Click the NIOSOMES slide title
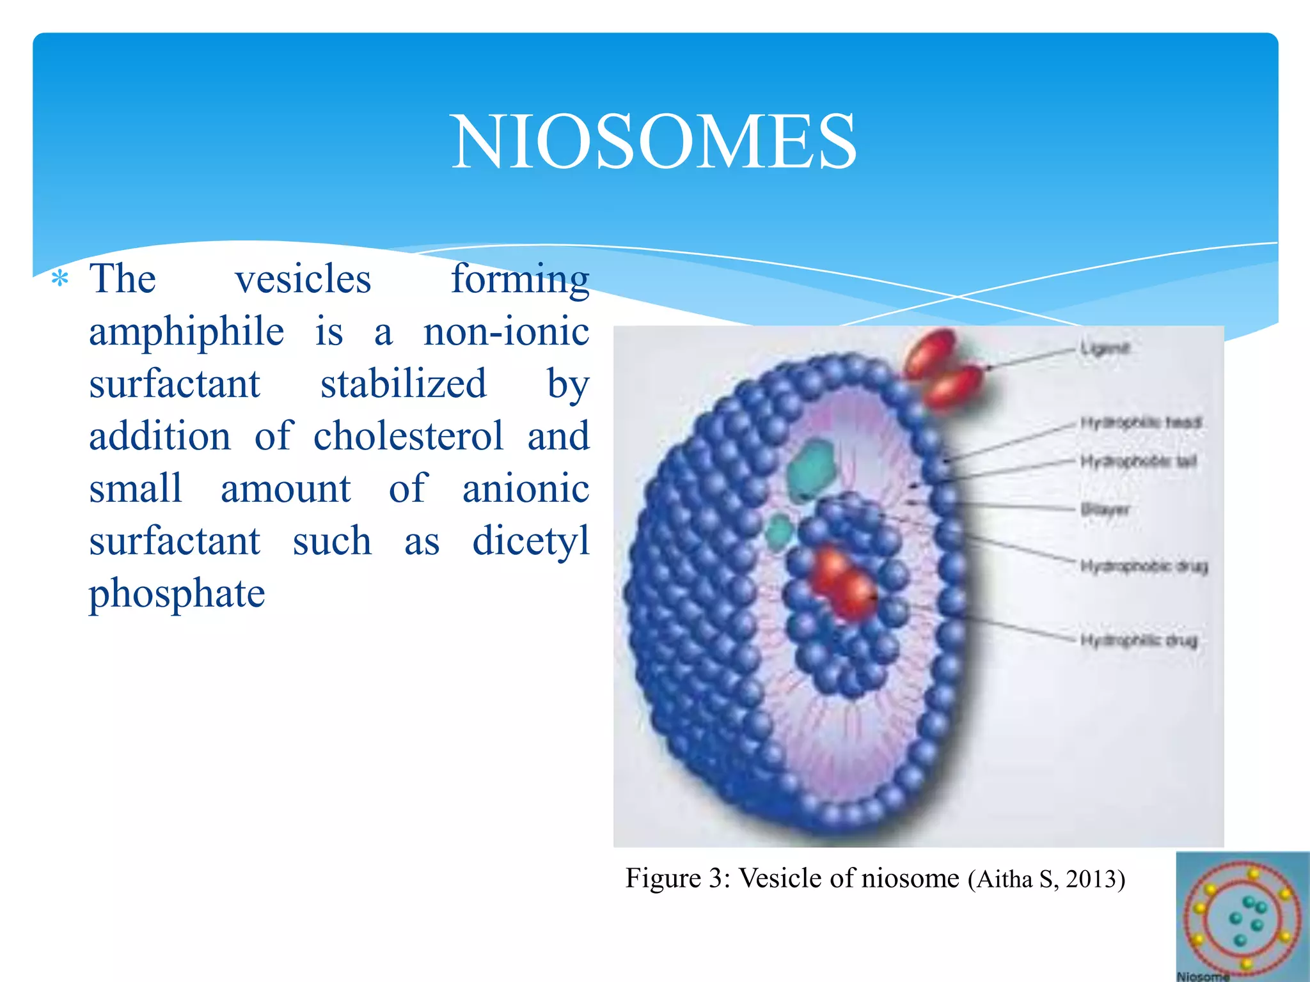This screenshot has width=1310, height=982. [654, 141]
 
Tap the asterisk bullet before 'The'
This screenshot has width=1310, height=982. [59, 279]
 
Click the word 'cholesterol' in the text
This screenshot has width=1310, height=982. [408, 437]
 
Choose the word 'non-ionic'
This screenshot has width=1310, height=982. [506, 332]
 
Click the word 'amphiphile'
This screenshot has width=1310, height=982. [186, 332]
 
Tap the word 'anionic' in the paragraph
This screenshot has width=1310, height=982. [525, 489]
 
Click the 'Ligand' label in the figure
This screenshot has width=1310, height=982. [1105, 348]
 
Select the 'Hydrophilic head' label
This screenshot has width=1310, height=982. [1141, 423]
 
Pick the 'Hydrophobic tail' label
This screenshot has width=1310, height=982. [1139, 461]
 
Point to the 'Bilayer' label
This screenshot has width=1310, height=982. [1105, 510]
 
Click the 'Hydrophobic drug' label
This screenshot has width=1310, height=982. [1144, 566]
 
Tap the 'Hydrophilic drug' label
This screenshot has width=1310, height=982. [1139, 640]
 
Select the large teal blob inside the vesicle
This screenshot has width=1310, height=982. [811, 470]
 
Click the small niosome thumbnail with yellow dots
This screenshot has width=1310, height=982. [1242, 916]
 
